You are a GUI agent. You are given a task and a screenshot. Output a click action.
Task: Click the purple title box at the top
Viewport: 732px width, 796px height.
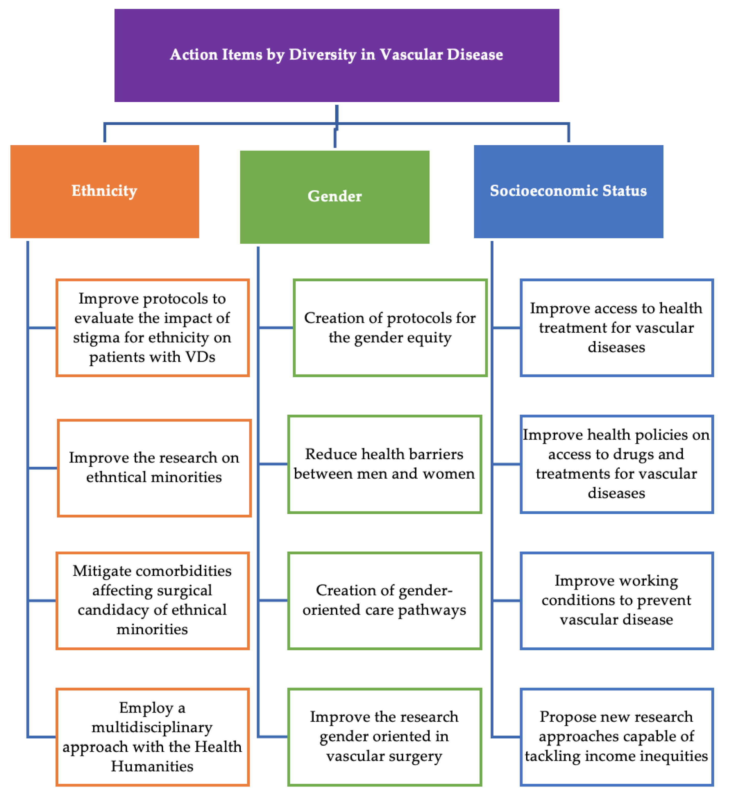[x=337, y=56]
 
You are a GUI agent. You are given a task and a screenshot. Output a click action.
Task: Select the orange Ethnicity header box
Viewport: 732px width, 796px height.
[x=104, y=191]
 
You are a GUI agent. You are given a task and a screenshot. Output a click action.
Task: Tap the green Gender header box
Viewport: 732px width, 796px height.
[x=335, y=197]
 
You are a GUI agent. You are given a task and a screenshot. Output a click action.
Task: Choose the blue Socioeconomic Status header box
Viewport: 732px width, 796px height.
[x=568, y=191]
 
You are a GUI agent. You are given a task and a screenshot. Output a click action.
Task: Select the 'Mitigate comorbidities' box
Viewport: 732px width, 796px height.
[x=152, y=601]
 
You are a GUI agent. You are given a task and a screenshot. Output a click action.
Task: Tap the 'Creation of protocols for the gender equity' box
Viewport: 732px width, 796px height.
[x=390, y=328]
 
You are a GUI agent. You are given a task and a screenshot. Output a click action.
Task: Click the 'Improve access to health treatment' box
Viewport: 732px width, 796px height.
[x=617, y=328]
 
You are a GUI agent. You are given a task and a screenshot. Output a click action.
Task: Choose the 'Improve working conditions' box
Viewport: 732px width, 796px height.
[x=617, y=601]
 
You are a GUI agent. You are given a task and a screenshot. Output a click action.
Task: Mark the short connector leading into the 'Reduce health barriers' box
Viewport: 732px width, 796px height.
[x=273, y=464]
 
